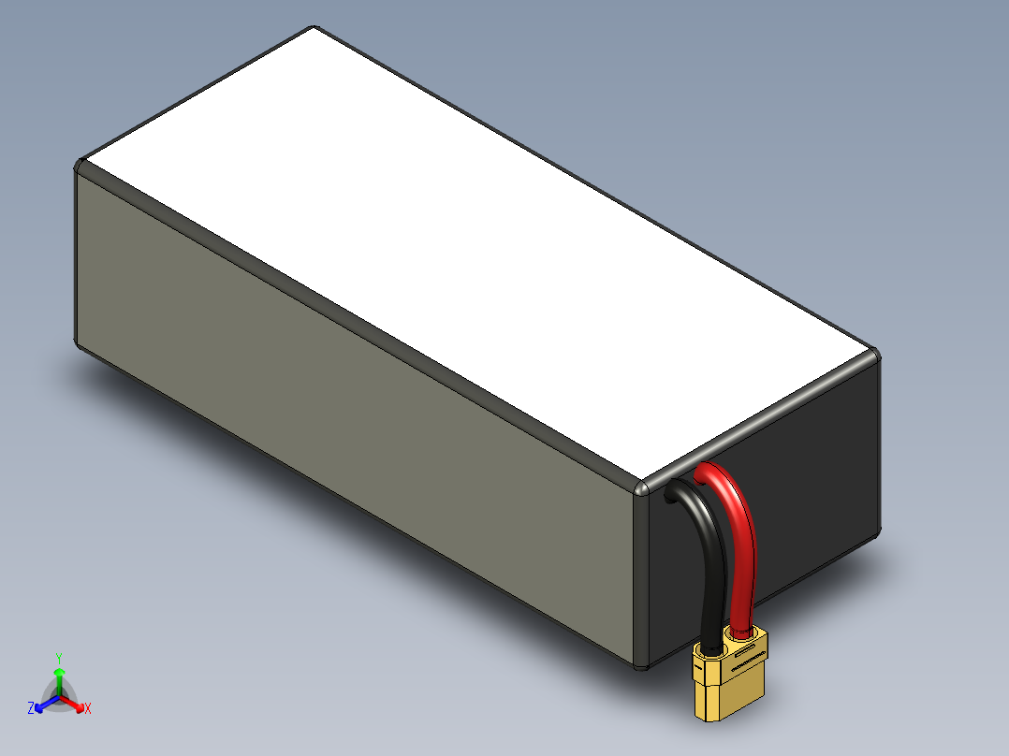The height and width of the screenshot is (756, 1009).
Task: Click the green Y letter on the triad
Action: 58,658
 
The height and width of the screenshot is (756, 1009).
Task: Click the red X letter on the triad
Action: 87,709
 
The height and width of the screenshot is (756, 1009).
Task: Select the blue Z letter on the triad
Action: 31,708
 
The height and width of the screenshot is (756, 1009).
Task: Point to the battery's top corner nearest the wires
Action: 642,489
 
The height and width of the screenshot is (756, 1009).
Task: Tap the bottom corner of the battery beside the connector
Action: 640,665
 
